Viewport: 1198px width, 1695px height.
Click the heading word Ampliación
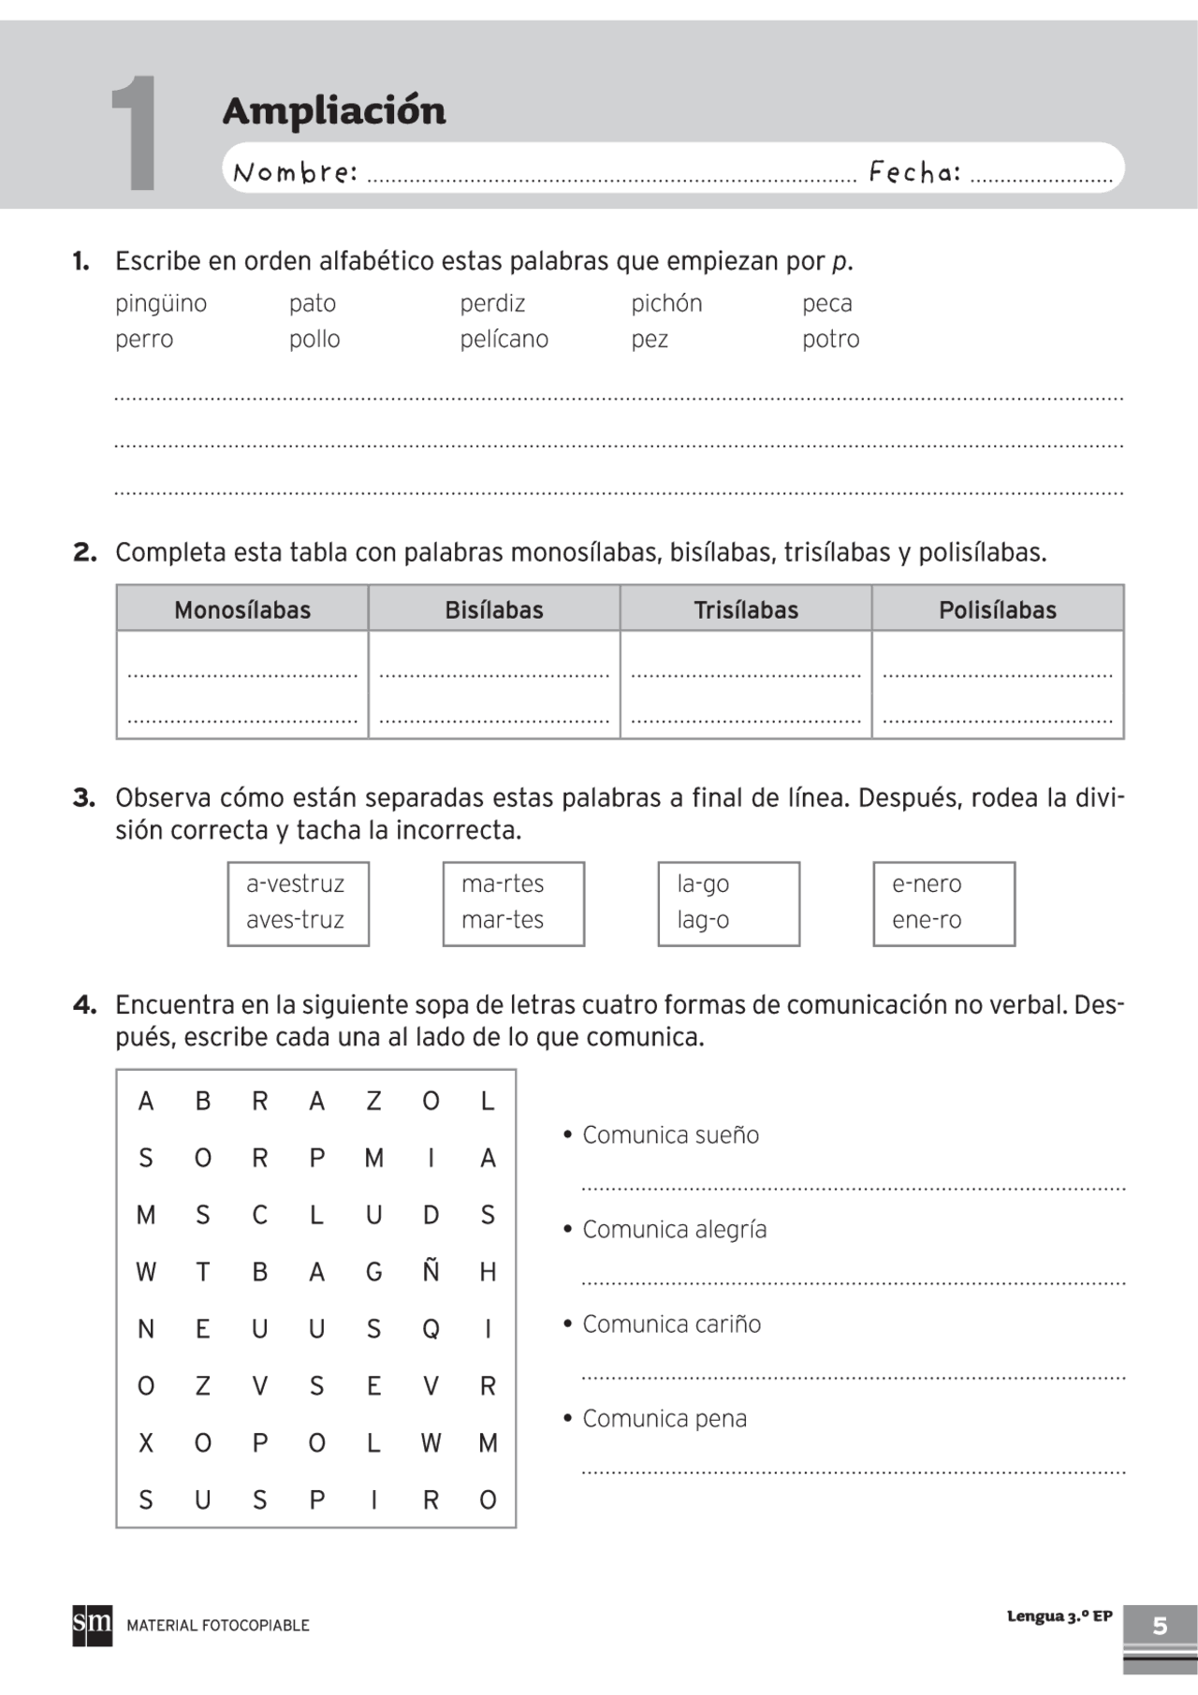coord(334,110)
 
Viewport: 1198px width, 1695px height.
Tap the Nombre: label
coord(295,172)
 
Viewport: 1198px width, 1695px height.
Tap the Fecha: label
coord(914,171)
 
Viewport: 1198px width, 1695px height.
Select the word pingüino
coord(161,303)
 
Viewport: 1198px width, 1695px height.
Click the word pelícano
coord(504,339)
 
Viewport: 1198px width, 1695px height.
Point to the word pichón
coord(665,303)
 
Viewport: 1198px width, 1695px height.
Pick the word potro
coord(830,339)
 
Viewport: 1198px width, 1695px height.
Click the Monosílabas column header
coord(242,610)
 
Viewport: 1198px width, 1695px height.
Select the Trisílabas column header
coord(746,610)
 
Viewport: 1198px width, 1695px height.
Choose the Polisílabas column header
coord(997,610)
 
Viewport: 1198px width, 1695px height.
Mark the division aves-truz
coord(295,920)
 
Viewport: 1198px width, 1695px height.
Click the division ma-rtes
coord(502,884)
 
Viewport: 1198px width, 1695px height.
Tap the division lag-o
coord(703,920)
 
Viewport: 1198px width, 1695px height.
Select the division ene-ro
coord(926,920)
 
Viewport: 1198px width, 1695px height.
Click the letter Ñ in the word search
coord(431,1271)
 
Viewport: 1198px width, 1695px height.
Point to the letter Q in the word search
coord(431,1329)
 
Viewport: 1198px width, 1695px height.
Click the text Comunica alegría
coord(674,1230)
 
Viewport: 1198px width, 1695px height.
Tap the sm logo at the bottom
coord(92,1624)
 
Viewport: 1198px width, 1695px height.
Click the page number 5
coord(1160,1626)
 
